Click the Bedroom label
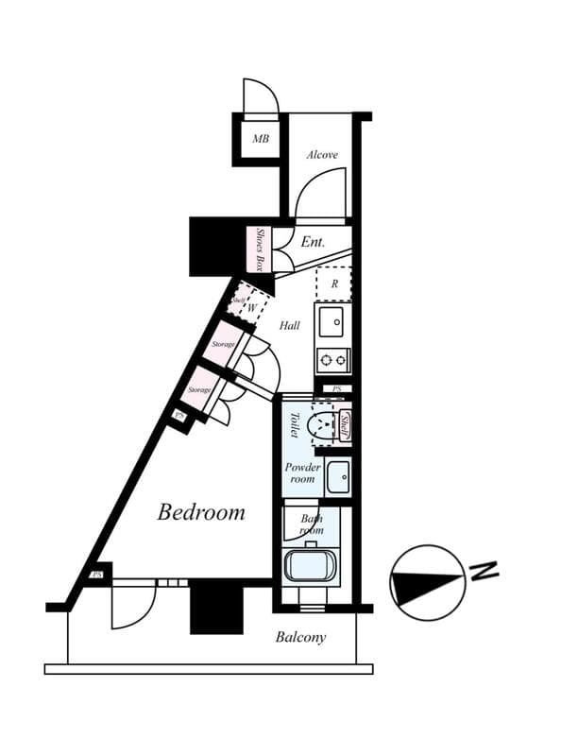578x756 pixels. click(201, 512)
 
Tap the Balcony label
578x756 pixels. click(300, 637)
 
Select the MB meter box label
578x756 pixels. click(260, 139)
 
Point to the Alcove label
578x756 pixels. click(322, 155)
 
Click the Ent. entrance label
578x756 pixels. click(313, 242)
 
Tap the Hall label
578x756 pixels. click(290, 325)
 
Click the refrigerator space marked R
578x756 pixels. click(333, 283)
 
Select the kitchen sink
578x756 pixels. click(332, 322)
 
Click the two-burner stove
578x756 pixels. click(332, 359)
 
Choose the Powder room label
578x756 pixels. click(303, 472)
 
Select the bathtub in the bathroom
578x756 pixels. click(313, 568)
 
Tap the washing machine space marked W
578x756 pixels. click(253, 307)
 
